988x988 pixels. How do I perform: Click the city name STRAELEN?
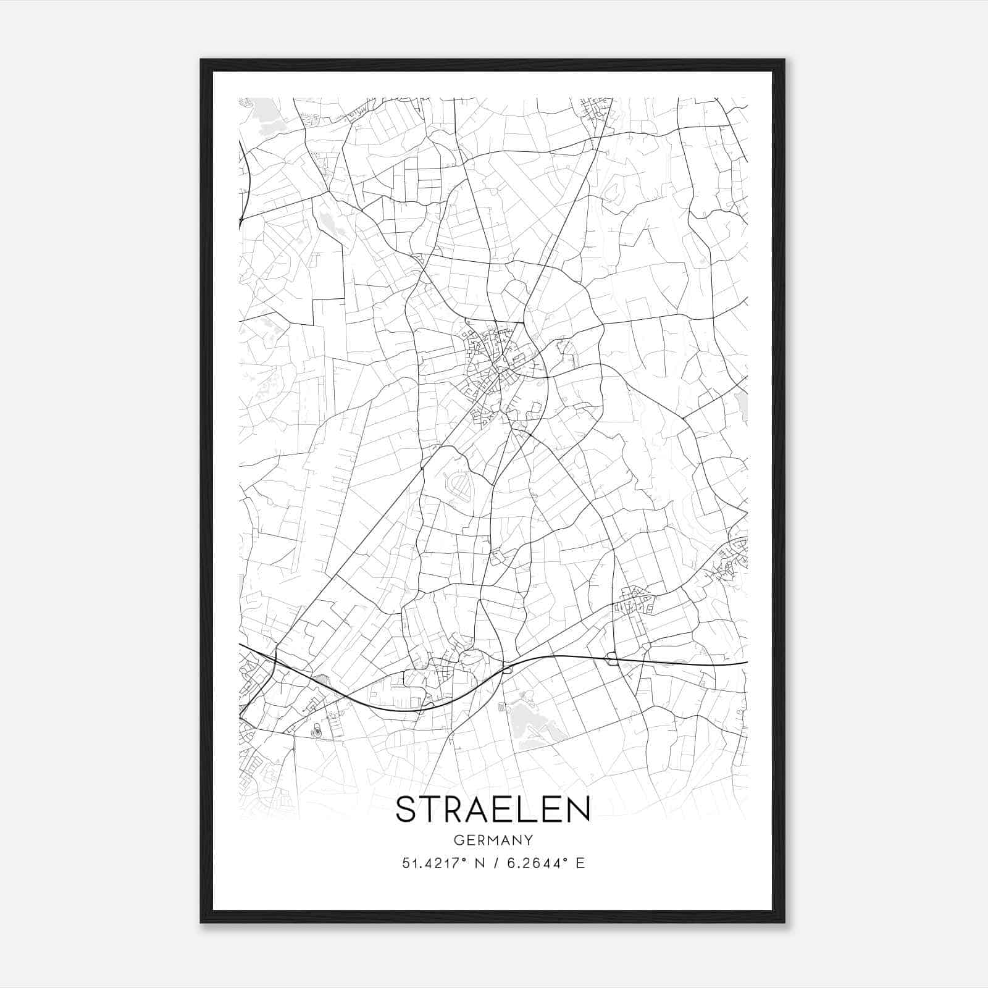point(493,810)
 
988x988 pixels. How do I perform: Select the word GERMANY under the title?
point(493,840)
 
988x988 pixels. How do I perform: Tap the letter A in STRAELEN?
point(474,810)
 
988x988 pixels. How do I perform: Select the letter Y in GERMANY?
point(529,840)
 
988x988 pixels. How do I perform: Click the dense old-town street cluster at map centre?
point(494,361)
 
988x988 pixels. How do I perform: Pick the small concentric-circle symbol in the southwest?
point(317,732)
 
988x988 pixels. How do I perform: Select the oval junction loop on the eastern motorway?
point(613,659)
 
